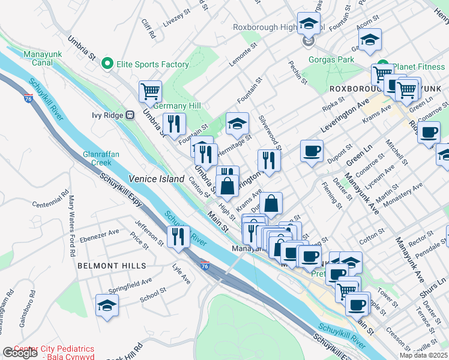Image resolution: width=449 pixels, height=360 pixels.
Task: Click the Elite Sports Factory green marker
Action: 108,62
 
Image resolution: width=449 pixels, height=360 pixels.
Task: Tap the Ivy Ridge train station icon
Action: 129,115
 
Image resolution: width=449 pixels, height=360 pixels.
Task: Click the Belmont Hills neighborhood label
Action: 112,265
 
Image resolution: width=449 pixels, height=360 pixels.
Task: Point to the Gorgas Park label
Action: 331,60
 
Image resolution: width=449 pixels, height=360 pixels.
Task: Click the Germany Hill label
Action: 176,106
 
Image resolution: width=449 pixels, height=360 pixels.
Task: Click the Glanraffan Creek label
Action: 97,158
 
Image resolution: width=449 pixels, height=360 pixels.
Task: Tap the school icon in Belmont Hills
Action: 107,305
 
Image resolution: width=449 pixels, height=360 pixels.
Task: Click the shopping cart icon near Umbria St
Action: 150,91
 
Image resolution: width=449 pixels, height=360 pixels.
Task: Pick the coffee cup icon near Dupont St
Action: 312,151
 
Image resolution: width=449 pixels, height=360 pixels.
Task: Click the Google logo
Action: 20,353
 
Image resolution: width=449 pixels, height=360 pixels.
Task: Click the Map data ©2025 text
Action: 423,355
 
